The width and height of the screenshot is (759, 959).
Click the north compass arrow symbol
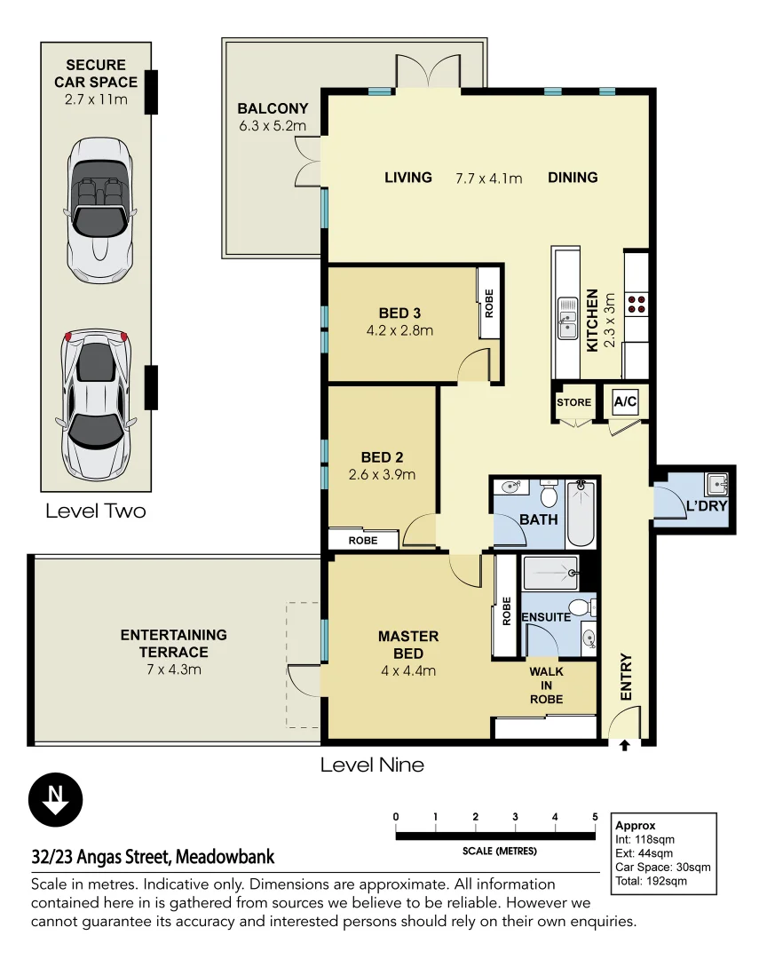pos(56,799)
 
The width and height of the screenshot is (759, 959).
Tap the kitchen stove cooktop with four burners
pos(636,304)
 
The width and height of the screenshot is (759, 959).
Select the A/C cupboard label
pos(625,401)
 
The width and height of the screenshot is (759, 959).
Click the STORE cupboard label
pos(573,402)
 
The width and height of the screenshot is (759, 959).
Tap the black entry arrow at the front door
pos(624,746)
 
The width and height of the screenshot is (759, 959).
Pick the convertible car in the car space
pos(99,210)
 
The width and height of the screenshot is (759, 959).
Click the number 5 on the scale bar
pos(595,817)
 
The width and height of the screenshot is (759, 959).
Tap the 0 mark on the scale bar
pos(396,817)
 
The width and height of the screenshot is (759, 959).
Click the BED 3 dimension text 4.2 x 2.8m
pos(400,330)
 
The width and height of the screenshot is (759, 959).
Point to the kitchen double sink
pos(567,318)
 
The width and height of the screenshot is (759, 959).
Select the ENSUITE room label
pos(546,617)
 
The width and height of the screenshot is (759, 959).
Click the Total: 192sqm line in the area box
pos(651,881)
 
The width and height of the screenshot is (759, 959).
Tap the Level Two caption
pos(96,511)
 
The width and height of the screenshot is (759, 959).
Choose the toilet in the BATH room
pos(549,495)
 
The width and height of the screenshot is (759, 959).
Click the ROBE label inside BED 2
pos(363,540)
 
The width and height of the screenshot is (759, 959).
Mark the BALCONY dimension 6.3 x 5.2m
pos(273,126)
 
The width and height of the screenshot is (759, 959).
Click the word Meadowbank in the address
pos(225,857)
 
